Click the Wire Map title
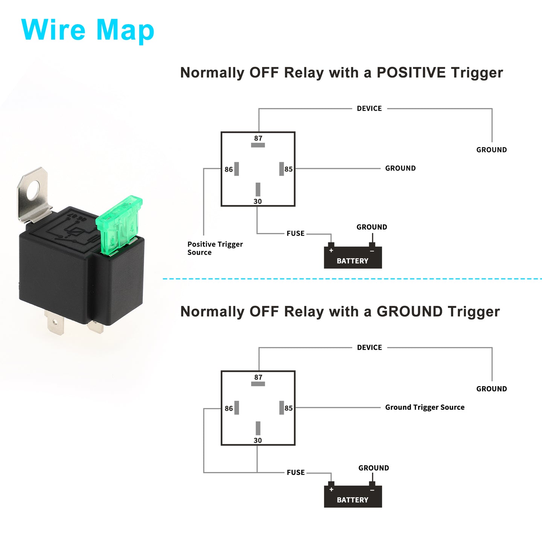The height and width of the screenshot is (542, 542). [88, 30]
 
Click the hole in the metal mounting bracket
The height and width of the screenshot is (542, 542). [34, 190]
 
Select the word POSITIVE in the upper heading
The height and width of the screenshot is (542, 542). [411, 73]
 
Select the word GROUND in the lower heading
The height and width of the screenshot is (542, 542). [410, 312]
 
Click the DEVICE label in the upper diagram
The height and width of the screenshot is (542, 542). [369, 108]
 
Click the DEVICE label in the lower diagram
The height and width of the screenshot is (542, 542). [369, 348]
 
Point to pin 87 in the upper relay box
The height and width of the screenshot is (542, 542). [258, 145]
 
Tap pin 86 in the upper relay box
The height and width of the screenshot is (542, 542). [236, 169]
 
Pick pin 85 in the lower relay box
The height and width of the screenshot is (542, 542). [282, 408]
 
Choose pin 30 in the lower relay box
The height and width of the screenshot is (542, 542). [258, 428]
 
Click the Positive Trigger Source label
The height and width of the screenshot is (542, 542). [215, 248]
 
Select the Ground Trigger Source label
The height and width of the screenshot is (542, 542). [425, 407]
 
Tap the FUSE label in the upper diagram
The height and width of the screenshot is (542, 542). [295, 233]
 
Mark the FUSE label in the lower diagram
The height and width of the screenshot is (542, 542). [295, 472]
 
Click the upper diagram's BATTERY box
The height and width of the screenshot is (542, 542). [353, 257]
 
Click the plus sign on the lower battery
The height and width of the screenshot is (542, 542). [331, 489]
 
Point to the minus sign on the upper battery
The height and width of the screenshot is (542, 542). [372, 251]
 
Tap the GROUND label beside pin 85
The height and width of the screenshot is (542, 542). [400, 168]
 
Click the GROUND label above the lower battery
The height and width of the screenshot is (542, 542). [373, 468]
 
